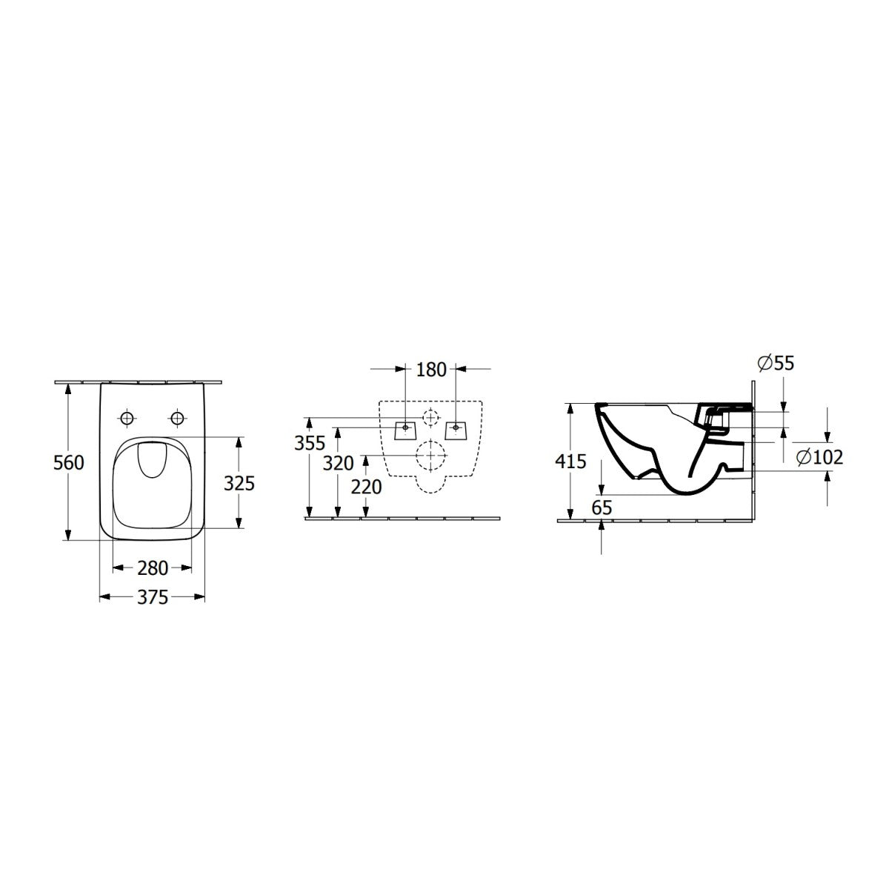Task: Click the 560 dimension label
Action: click(68, 463)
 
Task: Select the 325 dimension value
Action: click(239, 483)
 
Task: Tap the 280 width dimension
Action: click(153, 568)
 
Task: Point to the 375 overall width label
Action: click(153, 597)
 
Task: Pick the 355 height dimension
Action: click(309, 443)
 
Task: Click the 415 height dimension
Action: click(571, 462)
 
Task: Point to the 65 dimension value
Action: click(602, 507)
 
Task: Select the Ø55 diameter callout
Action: click(775, 363)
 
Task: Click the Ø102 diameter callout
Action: click(819, 457)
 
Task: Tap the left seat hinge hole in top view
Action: click(127, 419)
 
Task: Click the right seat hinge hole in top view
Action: click(177, 419)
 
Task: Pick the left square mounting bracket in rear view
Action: click(404, 429)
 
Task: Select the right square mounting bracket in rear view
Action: click(456, 429)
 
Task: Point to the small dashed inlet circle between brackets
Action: click(430, 417)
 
